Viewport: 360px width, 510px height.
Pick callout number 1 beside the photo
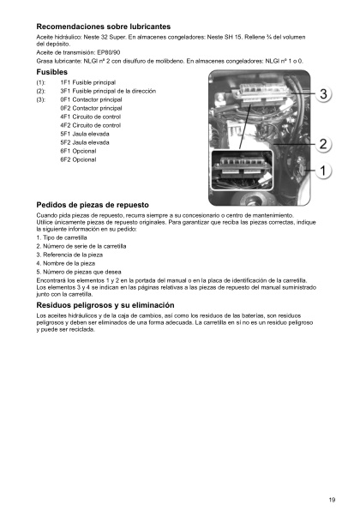(325, 171)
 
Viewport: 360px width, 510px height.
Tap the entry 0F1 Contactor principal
(91, 100)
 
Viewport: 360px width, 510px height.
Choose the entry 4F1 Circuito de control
(91, 117)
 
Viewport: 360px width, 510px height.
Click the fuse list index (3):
(40, 100)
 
